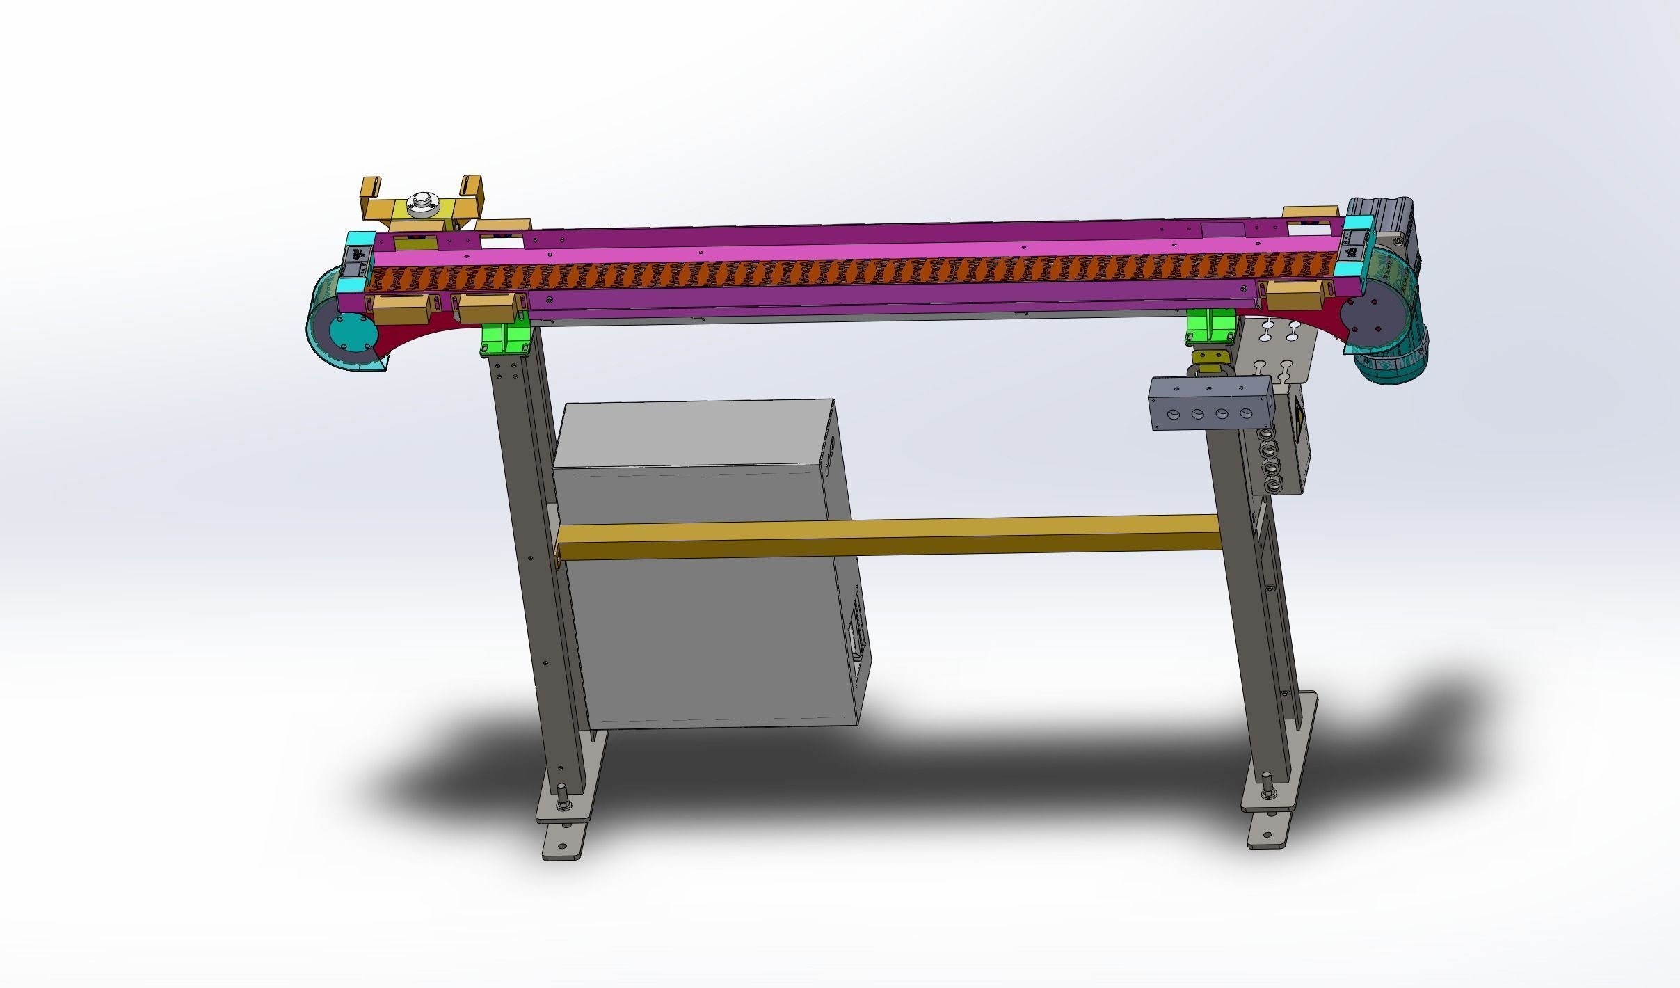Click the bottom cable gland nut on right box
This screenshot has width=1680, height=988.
pyautogui.click(x=1272, y=486)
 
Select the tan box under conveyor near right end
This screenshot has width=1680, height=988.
pyautogui.click(x=1293, y=296)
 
